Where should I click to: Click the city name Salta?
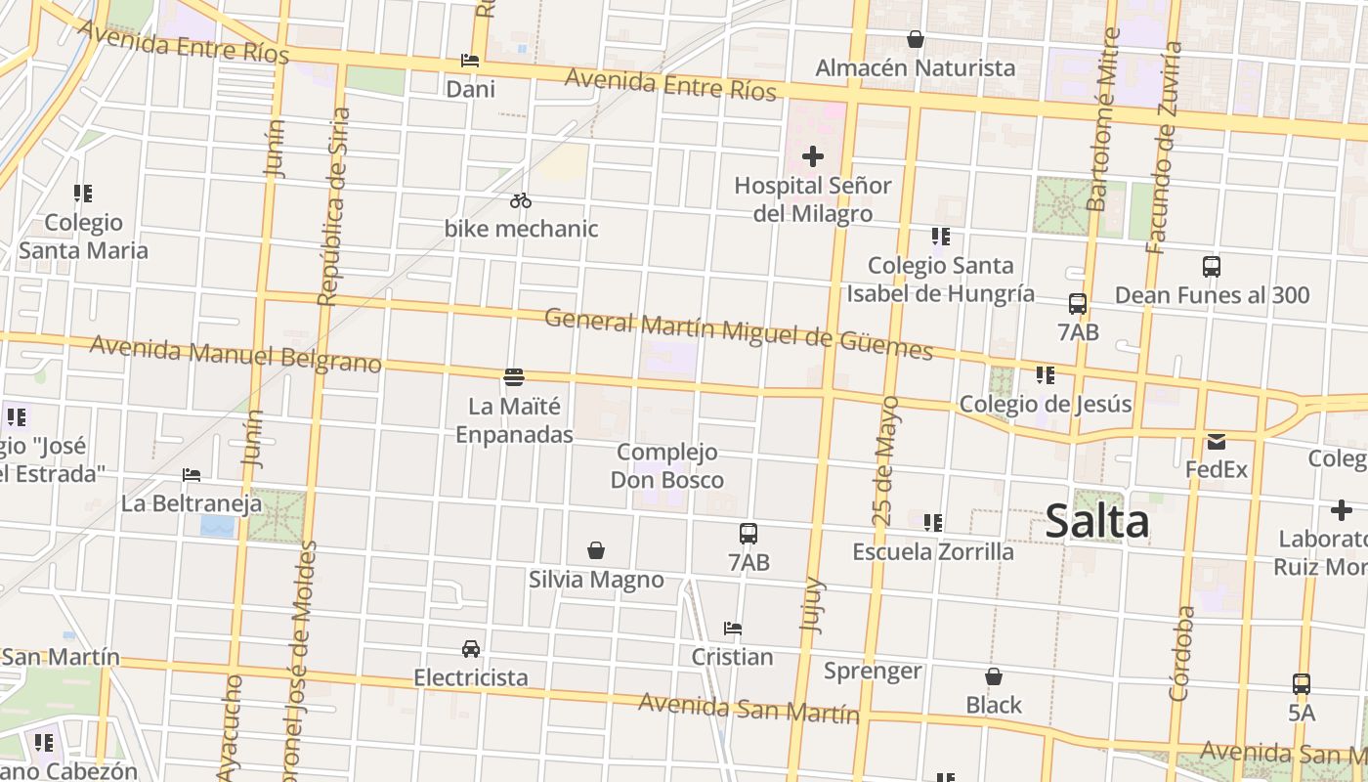1096,521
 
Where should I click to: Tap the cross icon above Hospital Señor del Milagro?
812,156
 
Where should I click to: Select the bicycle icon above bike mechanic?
521,200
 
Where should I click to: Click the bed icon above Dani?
470,61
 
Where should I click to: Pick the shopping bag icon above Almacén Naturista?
916,39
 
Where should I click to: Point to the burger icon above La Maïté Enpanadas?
514,376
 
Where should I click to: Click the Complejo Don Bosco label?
667,466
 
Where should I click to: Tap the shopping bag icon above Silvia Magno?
596,551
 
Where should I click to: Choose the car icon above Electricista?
471,649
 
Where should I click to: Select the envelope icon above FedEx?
1217,441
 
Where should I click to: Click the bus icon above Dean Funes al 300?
1212,266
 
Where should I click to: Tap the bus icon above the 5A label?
1302,684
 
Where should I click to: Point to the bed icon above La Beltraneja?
192,475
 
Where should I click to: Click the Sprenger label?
873,671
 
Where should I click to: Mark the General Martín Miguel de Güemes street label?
738,333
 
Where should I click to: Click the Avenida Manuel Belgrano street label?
235,354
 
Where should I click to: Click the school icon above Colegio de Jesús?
1046,375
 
